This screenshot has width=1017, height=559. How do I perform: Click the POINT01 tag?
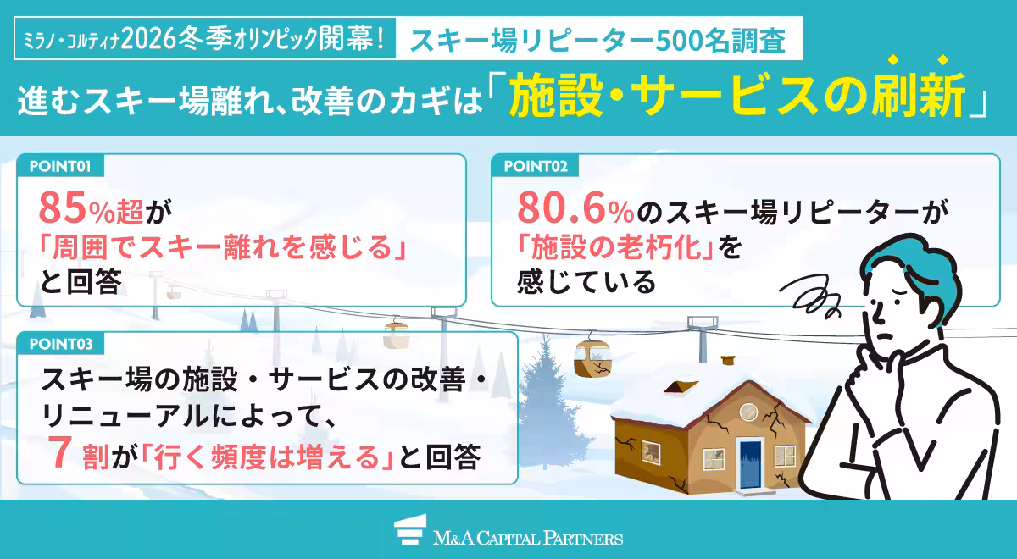click(x=59, y=165)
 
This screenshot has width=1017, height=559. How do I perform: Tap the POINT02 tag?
click(x=535, y=165)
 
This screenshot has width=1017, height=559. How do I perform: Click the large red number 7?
click(x=58, y=457)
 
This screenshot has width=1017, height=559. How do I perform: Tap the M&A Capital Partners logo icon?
click(x=410, y=537)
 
